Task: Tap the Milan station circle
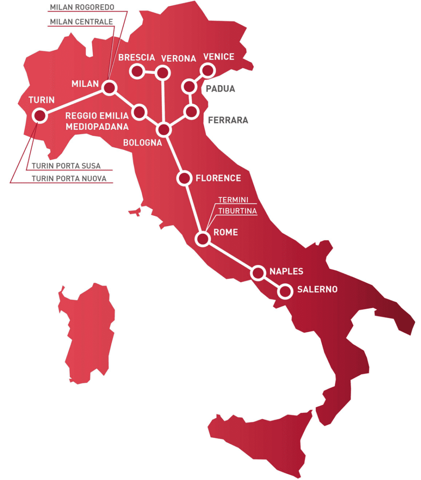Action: coord(109,87)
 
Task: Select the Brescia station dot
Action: coord(136,71)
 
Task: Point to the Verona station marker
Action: coord(163,72)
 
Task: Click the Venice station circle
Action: coord(207,70)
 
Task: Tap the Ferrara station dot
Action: coord(192,112)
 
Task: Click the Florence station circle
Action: coord(184,179)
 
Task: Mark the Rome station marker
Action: coord(203,239)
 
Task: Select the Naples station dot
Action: coord(257,272)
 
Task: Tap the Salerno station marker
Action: coord(285,292)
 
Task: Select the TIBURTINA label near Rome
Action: coord(237,211)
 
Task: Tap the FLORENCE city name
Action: coord(218,178)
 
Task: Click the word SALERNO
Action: coord(317,290)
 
